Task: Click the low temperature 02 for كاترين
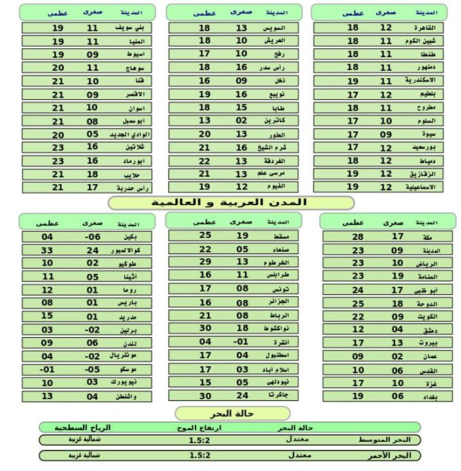pyautogui.click(x=242, y=121)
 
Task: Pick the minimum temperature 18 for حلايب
pyautogui.click(x=92, y=174)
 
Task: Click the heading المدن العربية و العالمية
pyautogui.click(x=232, y=203)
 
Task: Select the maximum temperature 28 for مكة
pyautogui.click(x=358, y=237)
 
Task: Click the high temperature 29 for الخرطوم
pyautogui.click(x=205, y=262)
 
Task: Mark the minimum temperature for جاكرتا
pyautogui.click(x=242, y=396)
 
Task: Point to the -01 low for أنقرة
pyautogui.click(x=241, y=342)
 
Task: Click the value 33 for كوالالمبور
pyautogui.click(x=47, y=250)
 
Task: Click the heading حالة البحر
pyautogui.click(x=233, y=414)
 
